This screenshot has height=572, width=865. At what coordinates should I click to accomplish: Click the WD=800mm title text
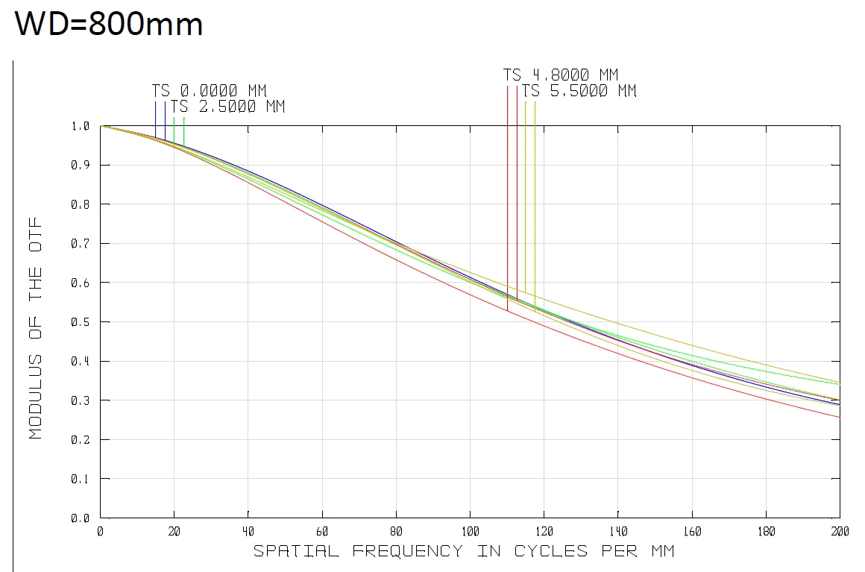click(x=109, y=24)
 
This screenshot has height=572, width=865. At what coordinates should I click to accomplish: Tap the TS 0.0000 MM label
click(x=209, y=91)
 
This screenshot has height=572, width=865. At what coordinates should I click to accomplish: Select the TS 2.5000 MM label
click(x=227, y=107)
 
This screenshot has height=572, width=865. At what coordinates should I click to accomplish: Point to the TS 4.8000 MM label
click(x=561, y=75)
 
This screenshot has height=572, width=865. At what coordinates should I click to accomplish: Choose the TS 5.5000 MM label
click(x=579, y=91)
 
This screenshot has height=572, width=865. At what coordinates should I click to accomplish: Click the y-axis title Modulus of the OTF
click(x=36, y=328)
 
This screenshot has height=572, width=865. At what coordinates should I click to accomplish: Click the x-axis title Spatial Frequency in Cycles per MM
click(x=464, y=551)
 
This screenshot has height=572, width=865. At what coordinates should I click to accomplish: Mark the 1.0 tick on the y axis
click(x=80, y=126)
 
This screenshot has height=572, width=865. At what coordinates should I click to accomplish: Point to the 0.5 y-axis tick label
click(x=80, y=322)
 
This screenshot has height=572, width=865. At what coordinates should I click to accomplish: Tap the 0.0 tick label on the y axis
click(x=80, y=518)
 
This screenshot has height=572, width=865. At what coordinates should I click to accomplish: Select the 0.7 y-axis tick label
click(x=80, y=244)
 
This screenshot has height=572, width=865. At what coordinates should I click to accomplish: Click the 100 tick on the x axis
click(x=470, y=532)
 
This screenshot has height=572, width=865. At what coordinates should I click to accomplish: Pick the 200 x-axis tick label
click(x=840, y=532)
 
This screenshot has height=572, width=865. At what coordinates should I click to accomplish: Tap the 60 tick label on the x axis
click(x=322, y=532)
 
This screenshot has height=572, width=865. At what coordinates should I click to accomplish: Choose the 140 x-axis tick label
click(x=617, y=532)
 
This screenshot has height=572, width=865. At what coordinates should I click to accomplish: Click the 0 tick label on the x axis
click(x=100, y=532)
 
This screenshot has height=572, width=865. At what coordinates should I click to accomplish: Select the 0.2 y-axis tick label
click(x=80, y=440)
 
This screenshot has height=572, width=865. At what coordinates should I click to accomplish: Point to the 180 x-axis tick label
click(x=766, y=532)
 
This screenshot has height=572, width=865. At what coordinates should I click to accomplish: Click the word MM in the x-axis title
click(x=661, y=551)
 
